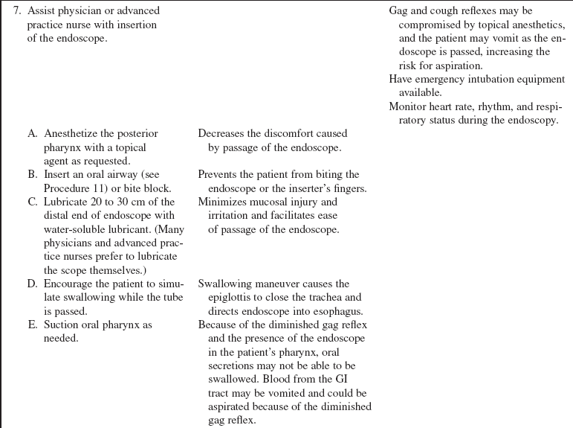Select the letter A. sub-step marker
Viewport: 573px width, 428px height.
[x=33, y=134]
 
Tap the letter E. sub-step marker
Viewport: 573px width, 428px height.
[x=33, y=325]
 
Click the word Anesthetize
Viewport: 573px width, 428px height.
[x=74, y=134]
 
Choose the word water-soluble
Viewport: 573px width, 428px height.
[x=71, y=229]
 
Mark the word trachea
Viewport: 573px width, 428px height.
[x=330, y=298]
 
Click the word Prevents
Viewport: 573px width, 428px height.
[x=219, y=174]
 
